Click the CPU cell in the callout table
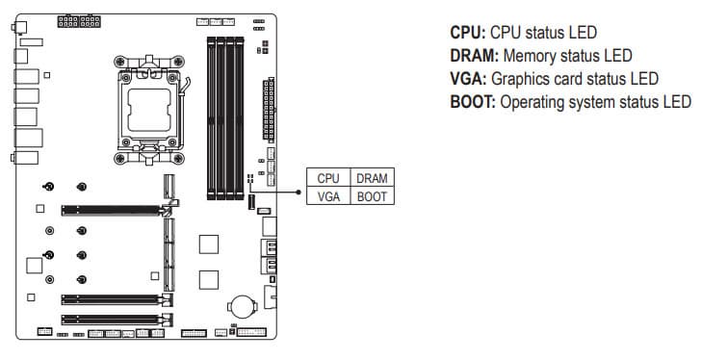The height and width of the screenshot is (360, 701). pos(328,178)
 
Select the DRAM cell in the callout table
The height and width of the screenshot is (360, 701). pos(372,178)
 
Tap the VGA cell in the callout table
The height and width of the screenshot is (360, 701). pos(328,196)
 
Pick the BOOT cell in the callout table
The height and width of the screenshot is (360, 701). pos(372,196)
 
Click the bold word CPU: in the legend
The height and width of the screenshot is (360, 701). pos(468,33)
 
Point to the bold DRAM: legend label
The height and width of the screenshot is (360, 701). pos(474,56)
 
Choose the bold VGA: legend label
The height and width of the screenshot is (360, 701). pos(468,79)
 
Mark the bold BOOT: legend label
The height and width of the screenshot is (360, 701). pos(473,102)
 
